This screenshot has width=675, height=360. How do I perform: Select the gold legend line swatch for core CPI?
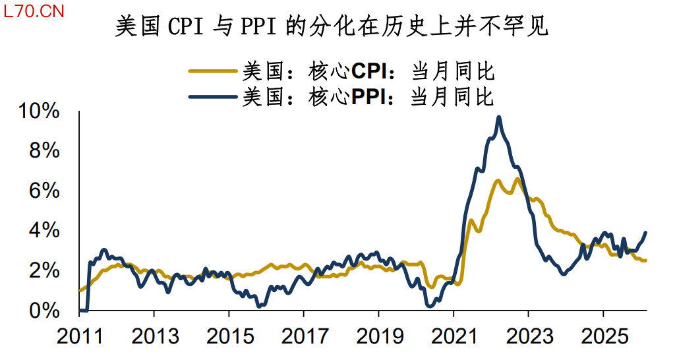click(213, 70)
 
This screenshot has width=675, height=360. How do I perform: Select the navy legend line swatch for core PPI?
click(213, 97)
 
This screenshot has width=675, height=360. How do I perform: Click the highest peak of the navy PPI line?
click(499, 117)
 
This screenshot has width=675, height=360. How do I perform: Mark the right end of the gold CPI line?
click(645, 260)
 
